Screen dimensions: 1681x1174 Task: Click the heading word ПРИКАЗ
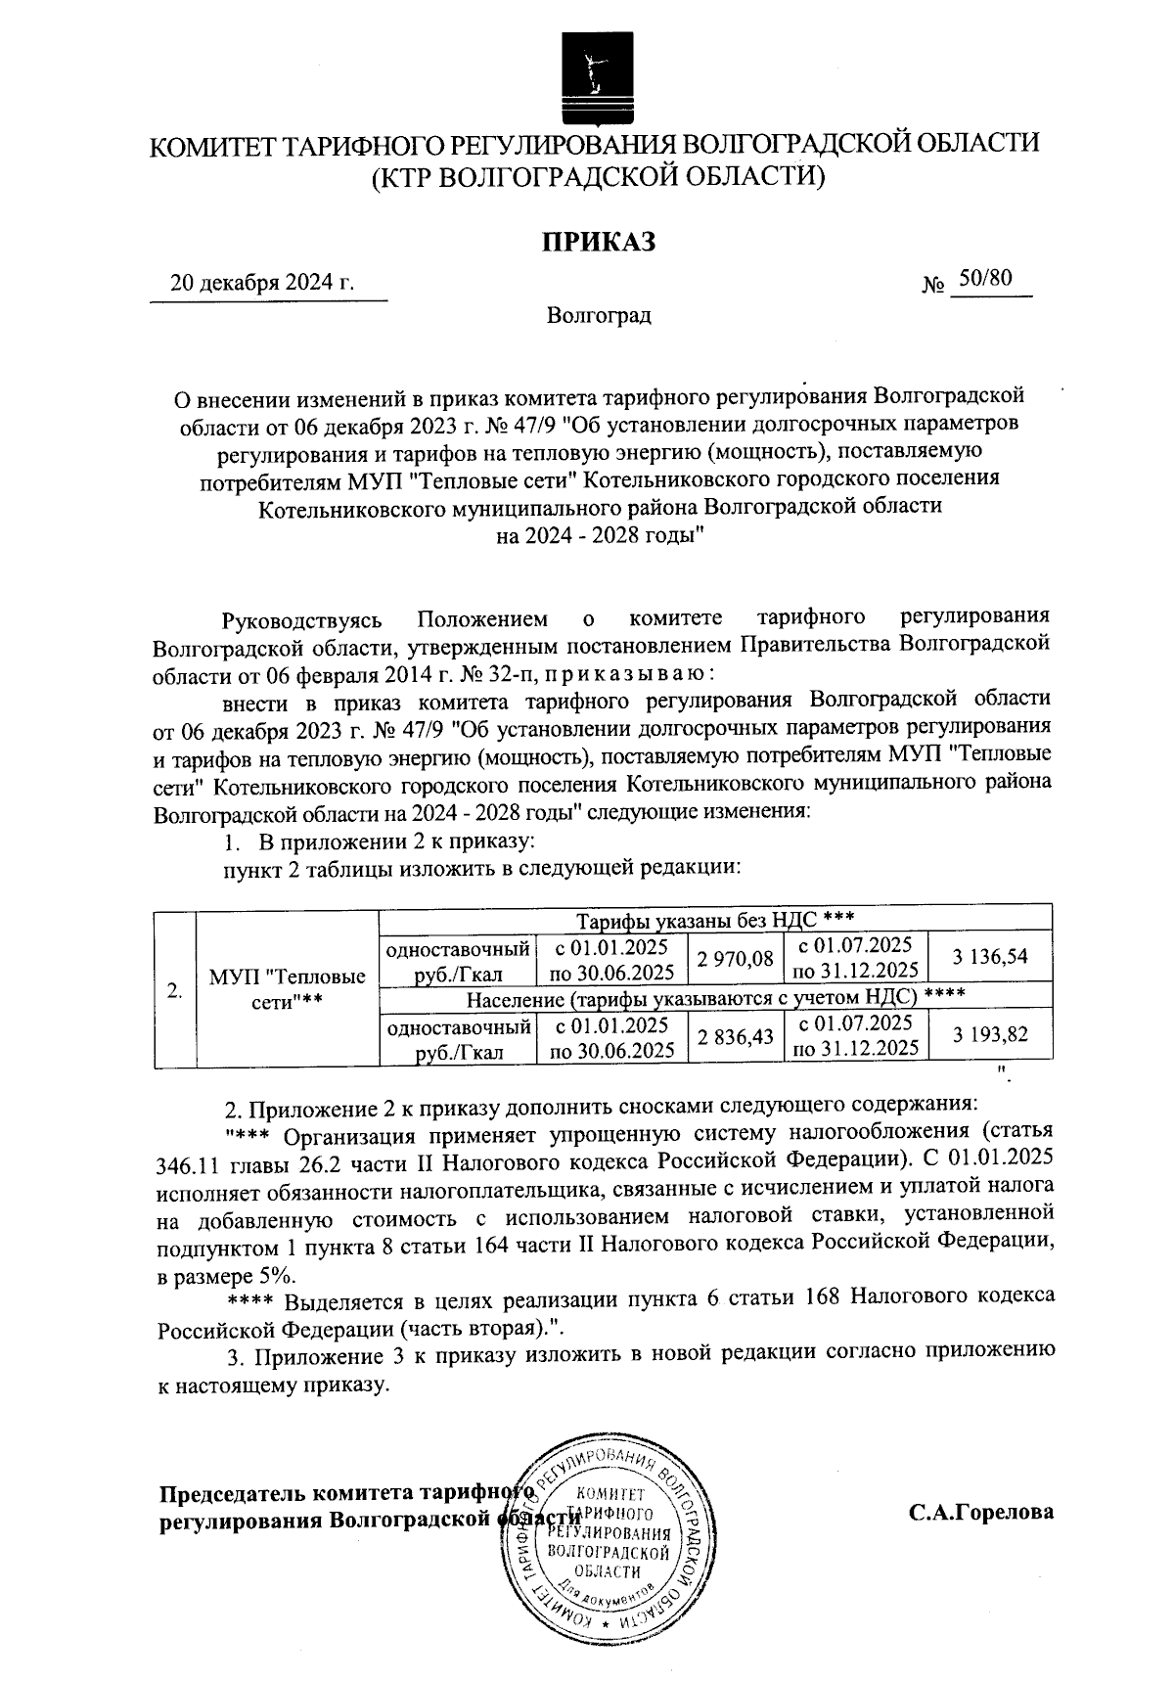(x=599, y=241)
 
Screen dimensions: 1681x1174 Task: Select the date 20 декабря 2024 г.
(x=262, y=284)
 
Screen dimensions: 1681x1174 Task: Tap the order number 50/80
(x=984, y=279)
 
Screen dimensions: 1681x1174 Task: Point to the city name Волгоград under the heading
(x=599, y=316)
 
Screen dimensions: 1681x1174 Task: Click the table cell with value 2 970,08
(x=736, y=958)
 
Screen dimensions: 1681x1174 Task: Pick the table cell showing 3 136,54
(x=989, y=958)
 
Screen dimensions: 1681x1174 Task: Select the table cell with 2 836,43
(x=736, y=1036)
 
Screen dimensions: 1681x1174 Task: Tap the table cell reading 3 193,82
(x=989, y=1035)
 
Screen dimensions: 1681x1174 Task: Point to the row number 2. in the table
(x=175, y=990)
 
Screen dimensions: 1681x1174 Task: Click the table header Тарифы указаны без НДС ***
(x=715, y=919)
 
